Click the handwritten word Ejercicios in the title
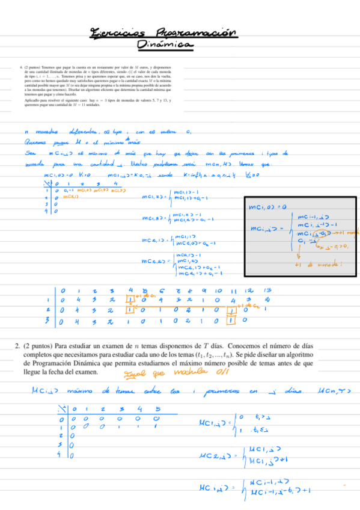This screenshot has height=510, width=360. pos(120,32)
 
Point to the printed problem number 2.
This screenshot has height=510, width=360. pos(17,346)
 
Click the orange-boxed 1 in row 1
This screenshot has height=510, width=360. pos(129,300)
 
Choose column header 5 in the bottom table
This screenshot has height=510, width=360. pos(157,410)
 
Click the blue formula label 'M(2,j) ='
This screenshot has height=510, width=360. pos(214,455)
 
